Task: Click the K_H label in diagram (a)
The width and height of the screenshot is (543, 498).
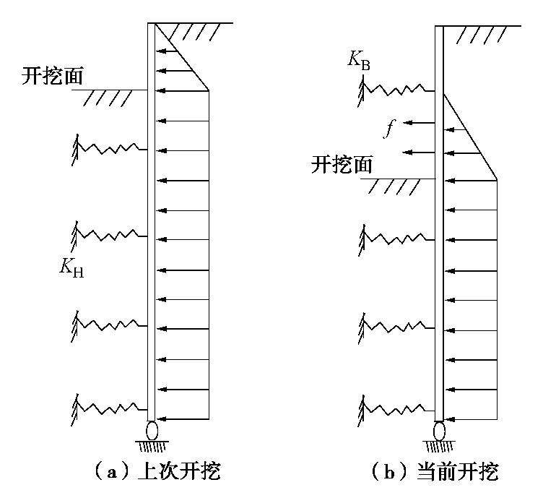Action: coord(71,268)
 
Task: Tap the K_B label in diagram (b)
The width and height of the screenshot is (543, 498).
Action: coord(359,61)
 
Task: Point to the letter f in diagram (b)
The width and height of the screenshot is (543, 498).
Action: coord(389,129)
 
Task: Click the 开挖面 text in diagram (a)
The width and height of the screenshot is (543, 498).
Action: coord(53,76)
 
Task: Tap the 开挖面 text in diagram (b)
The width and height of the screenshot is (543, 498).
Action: coord(342,165)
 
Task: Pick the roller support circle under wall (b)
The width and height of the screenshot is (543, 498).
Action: coord(439,432)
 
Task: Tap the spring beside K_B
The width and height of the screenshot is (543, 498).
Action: coord(397,90)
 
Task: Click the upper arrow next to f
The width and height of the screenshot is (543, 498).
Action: coord(419,124)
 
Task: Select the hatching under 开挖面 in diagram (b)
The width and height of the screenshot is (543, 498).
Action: coord(394,186)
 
